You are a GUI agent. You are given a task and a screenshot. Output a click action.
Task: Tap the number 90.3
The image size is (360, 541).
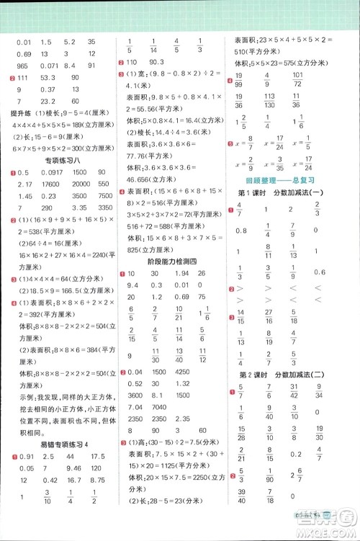tap(157, 66)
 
